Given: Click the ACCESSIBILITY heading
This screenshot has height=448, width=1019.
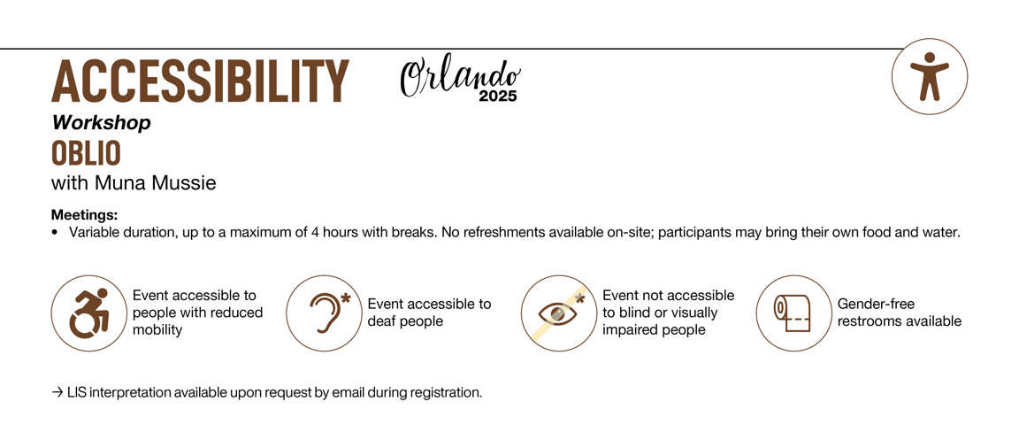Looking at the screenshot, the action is (x=200, y=81).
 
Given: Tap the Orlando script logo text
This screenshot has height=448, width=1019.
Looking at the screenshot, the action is (x=460, y=77).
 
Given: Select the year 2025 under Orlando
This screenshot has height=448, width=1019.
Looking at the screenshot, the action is (x=499, y=97).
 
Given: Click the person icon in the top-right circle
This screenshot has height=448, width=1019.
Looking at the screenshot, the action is (x=930, y=76).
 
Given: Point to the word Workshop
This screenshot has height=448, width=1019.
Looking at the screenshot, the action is (x=102, y=123).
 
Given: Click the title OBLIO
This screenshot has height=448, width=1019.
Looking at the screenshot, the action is (x=87, y=153).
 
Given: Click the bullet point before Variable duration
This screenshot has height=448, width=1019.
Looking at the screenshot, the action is (x=55, y=233).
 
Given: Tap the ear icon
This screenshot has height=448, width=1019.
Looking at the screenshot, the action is (x=329, y=313).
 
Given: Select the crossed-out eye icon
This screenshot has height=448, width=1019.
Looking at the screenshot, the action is (x=559, y=313).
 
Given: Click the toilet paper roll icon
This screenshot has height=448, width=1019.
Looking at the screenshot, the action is (x=793, y=313).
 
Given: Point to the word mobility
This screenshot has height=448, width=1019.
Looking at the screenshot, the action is (x=157, y=329).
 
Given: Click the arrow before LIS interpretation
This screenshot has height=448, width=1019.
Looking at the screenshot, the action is (x=57, y=393).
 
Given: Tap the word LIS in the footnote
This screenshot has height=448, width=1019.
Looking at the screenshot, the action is (x=77, y=393).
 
